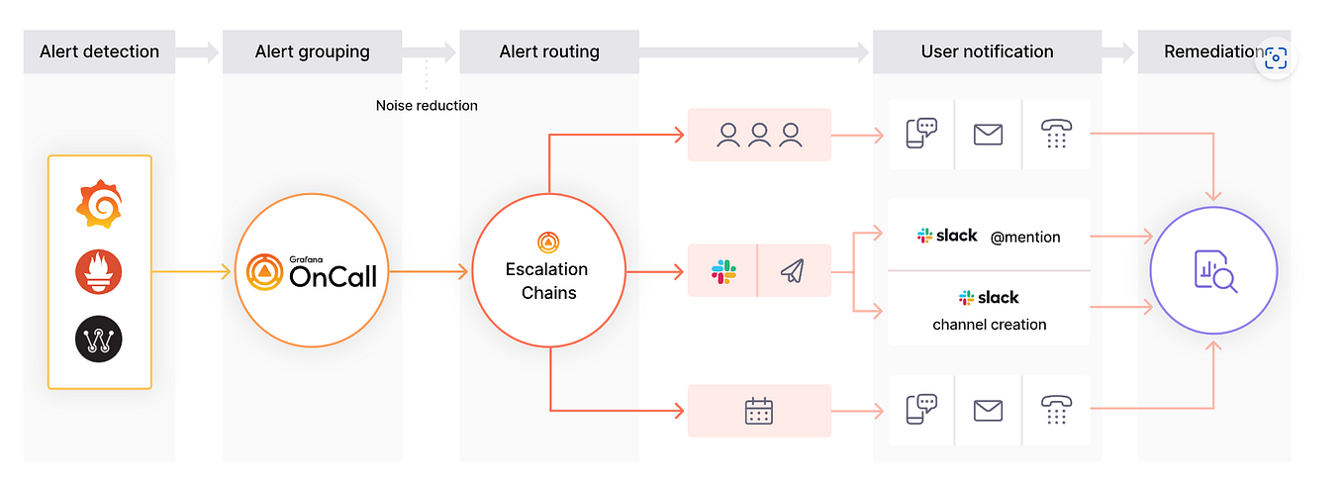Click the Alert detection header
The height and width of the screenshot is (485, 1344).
[x=99, y=51]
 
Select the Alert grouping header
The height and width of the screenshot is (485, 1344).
[x=312, y=51]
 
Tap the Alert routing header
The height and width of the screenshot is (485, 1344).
[x=549, y=51]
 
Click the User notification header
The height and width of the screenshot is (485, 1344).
[x=987, y=51]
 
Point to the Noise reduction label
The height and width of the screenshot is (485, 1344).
[x=427, y=105]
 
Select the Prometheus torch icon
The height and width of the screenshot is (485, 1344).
[x=99, y=271]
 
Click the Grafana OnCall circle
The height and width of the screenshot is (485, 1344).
[x=312, y=271]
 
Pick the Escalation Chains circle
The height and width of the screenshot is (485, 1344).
[x=547, y=271]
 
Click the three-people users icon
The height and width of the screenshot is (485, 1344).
[x=759, y=134]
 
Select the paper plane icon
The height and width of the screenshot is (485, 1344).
[x=793, y=271]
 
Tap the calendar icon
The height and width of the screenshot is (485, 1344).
[x=759, y=410]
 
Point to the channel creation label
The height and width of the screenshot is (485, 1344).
[x=989, y=324]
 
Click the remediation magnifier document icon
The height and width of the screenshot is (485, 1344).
[x=1214, y=271]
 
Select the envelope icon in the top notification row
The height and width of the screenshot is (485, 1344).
[x=988, y=134]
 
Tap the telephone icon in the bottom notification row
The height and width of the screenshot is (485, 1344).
[x=1055, y=410]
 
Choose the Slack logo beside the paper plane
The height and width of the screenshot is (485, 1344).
[x=723, y=271]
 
